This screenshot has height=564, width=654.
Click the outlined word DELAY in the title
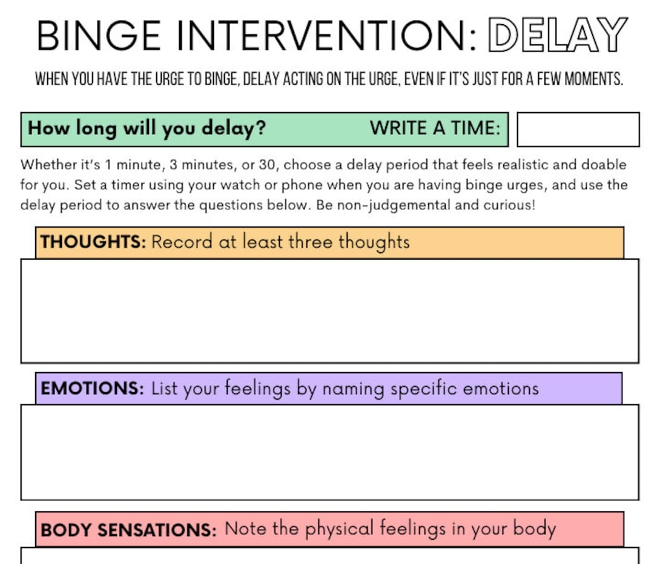[557, 35]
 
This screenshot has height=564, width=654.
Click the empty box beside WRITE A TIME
[578, 129]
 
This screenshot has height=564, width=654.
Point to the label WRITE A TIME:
[435, 128]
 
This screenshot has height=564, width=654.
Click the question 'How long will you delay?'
[147, 128]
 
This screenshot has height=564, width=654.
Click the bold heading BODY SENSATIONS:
[128, 530]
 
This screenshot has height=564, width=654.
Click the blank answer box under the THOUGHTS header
[329, 310]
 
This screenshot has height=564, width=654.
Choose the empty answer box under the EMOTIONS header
[329, 451]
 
